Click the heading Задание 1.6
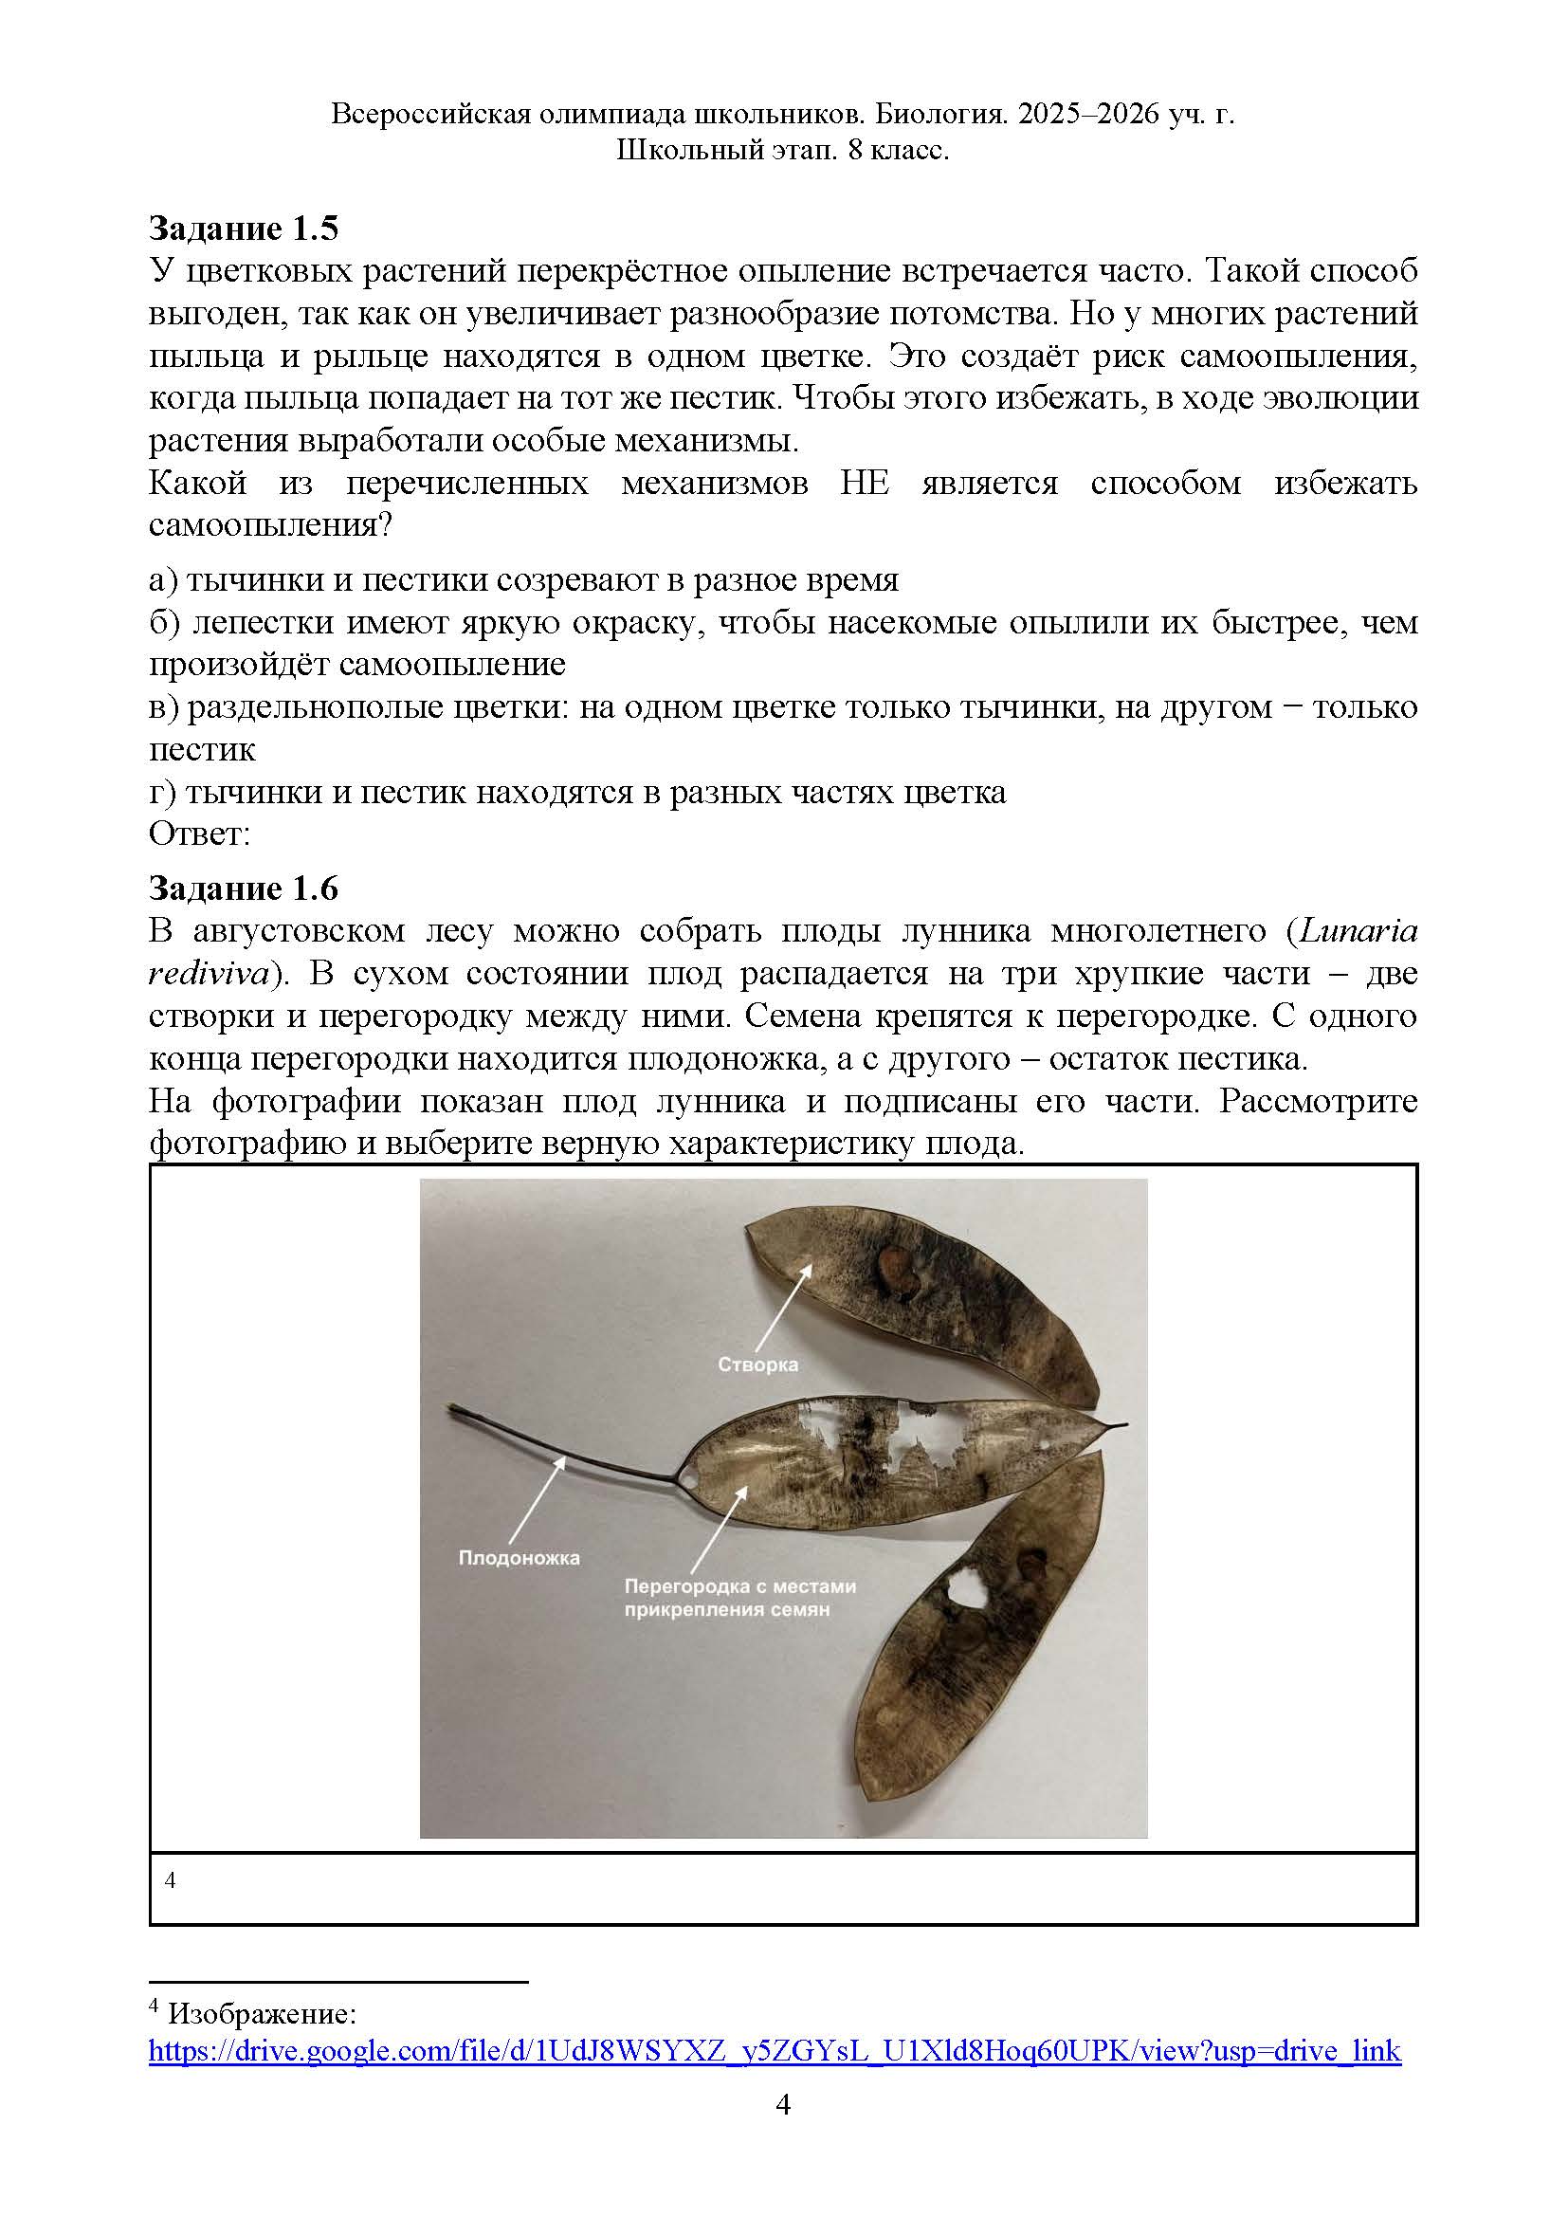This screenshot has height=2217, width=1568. click(244, 888)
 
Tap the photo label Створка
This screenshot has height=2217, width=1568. click(758, 1365)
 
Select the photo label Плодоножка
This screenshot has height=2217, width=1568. click(519, 1558)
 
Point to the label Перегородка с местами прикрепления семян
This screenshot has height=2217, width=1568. click(739, 1598)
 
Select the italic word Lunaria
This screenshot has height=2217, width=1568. click(1358, 931)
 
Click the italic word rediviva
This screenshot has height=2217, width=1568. click(207, 973)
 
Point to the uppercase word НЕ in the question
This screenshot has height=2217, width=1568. click(865, 483)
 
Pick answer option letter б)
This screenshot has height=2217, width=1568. click(164, 623)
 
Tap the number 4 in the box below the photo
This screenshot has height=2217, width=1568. click(171, 1880)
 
